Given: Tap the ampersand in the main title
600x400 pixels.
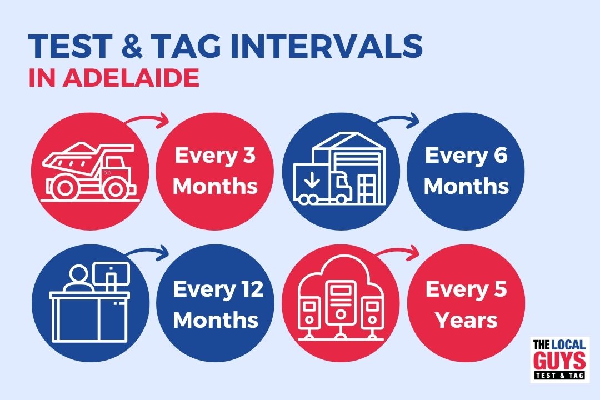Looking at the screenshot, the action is [x=132, y=46].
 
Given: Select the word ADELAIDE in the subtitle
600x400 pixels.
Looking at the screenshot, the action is [x=131, y=78].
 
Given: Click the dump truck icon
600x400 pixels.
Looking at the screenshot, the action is [x=91, y=172].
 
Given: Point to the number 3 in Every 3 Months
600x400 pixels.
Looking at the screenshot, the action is [x=249, y=156].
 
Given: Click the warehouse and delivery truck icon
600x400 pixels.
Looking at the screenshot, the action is [x=340, y=168].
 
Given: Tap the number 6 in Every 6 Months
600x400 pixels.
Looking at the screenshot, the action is [x=500, y=156].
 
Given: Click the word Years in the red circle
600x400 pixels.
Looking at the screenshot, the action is [x=467, y=320].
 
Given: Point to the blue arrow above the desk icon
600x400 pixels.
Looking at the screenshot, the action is [x=147, y=252].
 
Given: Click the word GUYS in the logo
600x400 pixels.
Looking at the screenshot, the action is [x=559, y=361].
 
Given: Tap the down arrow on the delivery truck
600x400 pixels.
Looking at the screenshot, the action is [x=312, y=179].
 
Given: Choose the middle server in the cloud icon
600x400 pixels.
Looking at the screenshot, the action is [x=341, y=302].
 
